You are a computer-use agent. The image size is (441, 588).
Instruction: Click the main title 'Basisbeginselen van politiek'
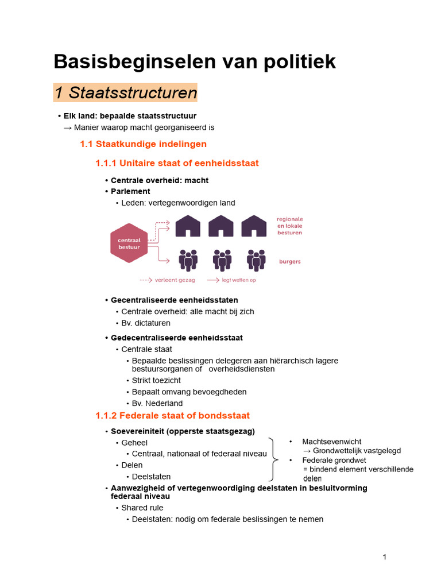(195, 62)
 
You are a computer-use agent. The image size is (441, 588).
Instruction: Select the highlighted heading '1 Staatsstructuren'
(126, 92)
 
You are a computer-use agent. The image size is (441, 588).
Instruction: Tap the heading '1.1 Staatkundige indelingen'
(143, 144)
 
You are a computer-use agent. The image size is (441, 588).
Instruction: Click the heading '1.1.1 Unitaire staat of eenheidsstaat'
(177, 164)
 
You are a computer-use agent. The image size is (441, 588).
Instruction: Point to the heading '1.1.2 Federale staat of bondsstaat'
(172, 415)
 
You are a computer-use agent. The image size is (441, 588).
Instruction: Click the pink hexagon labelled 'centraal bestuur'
(129, 243)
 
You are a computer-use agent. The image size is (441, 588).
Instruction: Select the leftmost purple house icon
(188, 226)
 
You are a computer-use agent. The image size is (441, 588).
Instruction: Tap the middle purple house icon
(221, 226)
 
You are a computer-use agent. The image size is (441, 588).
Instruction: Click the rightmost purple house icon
(254, 226)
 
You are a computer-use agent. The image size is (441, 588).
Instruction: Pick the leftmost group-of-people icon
(188, 260)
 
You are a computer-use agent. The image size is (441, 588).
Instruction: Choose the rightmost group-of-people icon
(256, 260)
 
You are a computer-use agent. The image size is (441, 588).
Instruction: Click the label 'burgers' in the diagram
(290, 262)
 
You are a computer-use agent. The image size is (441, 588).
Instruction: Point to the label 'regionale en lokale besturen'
(289, 226)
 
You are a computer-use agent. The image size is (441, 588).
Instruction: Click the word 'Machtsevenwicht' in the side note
(332, 442)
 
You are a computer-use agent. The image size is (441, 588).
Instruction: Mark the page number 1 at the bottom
(385, 557)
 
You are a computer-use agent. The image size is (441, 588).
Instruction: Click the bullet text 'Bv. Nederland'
(157, 404)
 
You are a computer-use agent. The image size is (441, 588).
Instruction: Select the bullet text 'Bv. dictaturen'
(146, 323)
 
